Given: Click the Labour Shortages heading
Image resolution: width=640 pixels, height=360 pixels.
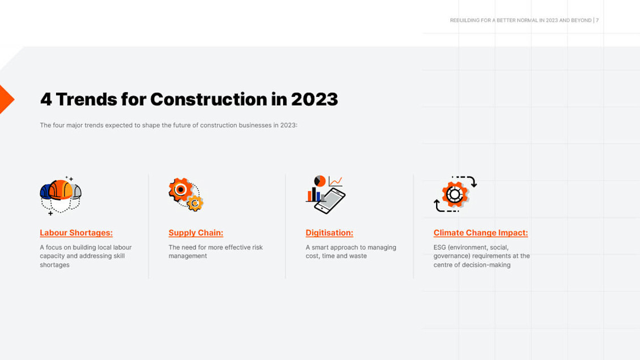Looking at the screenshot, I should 76,233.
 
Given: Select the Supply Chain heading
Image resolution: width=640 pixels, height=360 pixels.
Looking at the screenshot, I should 195,233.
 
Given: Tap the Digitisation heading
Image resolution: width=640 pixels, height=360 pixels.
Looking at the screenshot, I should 329,233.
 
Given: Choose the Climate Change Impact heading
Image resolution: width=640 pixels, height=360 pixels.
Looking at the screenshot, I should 480,233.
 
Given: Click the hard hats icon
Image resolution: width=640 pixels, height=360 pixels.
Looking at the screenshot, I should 61,194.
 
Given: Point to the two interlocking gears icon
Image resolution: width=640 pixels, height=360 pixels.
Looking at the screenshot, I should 186,194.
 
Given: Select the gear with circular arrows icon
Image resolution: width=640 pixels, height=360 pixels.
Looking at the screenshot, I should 455,194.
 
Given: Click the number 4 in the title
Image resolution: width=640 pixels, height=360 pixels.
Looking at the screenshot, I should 45,100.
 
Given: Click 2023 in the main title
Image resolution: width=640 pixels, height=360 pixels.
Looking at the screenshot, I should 314,100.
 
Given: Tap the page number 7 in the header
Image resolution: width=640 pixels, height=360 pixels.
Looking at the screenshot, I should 597,20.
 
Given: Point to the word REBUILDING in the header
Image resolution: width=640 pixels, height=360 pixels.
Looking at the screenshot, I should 464,20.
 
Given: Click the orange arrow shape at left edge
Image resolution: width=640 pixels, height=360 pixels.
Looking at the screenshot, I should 6,100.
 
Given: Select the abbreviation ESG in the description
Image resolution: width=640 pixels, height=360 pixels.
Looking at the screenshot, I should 440,247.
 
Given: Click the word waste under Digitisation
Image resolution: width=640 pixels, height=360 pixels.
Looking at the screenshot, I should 358,256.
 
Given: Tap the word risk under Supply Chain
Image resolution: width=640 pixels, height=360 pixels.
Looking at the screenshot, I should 256,247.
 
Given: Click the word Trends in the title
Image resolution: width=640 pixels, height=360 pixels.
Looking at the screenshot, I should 86,100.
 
